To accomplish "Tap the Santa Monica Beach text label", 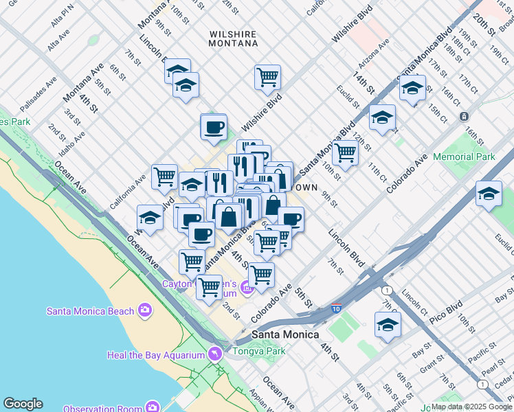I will (x=90, y=311).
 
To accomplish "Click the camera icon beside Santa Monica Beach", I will (x=145, y=311).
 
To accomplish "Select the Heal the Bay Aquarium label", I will (x=155, y=355).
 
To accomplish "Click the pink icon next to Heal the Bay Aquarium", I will (x=215, y=354).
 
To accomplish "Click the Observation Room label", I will (x=103, y=409).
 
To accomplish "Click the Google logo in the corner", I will (x=23, y=404).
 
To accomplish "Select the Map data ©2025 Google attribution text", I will (x=471, y=407).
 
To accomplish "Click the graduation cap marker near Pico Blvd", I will (x=388, y=324).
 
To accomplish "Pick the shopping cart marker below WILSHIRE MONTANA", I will (x=267, y=76).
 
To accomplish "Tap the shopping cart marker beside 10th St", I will (x=345, y=152).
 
